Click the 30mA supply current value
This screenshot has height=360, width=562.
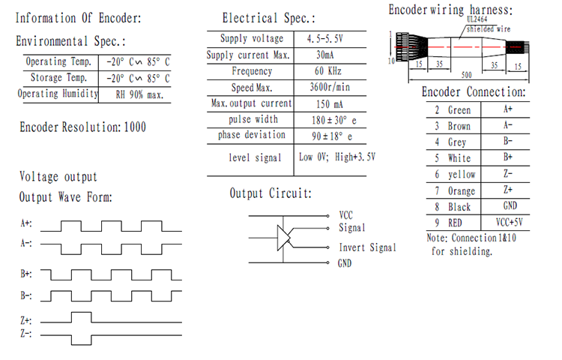coord(325,55)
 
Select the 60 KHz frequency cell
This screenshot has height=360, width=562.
coord(325,71)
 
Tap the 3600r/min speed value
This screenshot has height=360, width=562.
coord(325,88)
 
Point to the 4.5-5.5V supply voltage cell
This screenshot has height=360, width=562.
coord(325,39)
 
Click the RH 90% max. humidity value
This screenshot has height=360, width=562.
coord(136,94)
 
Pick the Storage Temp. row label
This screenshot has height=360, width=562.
coord(56,78)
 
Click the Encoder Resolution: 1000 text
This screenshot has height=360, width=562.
coord(83,127)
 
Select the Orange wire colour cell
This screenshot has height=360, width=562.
coord(460,190)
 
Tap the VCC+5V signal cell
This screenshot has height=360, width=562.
coord(508,222)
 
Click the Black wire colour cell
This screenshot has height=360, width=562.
coord(459,206)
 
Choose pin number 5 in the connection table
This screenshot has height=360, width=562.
coord(437,158)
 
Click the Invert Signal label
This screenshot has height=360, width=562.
coord(367,248)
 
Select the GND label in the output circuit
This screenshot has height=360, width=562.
coord(345,263)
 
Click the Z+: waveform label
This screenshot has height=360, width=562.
coord(26,320)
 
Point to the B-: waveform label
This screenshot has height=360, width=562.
coord(26,295)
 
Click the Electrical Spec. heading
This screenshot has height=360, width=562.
coord(268,19)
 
